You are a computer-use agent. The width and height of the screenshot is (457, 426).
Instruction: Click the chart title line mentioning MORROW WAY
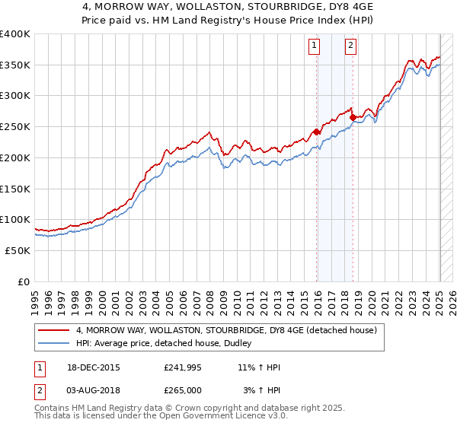click(228, 7)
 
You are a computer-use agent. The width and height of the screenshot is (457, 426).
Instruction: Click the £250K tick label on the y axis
click(15, 126)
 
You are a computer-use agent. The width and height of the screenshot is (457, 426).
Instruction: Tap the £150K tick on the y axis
click(15, 188)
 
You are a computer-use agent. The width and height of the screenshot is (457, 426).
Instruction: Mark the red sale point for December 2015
click(317, 132)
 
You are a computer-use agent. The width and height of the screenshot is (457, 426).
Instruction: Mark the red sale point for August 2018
click(353, 118)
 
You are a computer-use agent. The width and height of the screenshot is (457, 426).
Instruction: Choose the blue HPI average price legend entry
click(168, 343)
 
